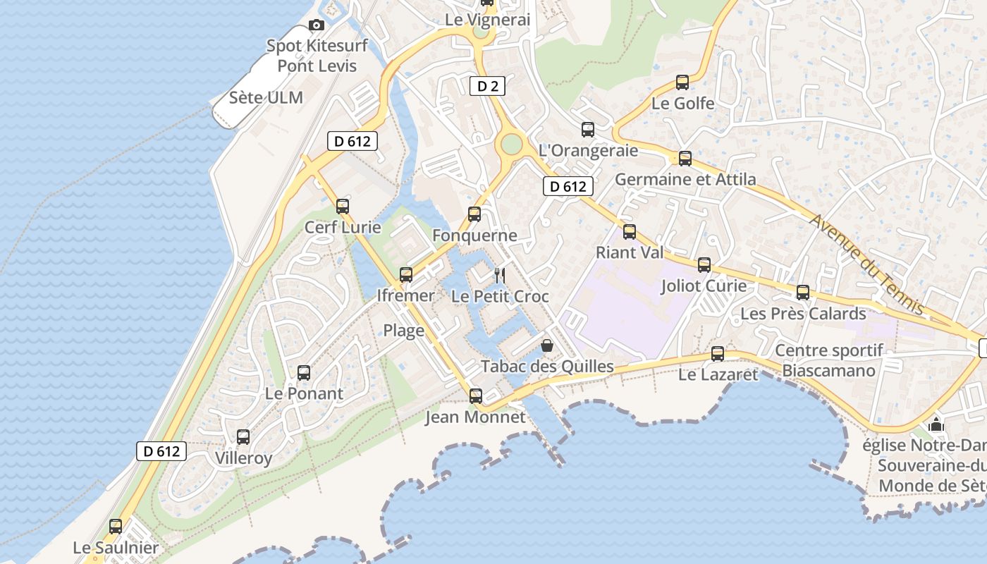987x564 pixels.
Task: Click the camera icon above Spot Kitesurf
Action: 317,25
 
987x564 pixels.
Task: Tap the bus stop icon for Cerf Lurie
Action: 343,207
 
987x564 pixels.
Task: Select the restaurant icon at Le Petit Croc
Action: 499,275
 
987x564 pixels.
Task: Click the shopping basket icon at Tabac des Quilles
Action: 547,345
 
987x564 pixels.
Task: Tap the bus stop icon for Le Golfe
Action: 682,82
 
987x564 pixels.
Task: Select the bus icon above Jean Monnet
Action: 476,396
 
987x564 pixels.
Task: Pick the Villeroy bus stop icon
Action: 243,437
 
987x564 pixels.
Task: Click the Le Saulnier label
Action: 116,548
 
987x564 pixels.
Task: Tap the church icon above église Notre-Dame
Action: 936,424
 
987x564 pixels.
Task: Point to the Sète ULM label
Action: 266,98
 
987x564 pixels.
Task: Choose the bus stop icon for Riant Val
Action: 630,231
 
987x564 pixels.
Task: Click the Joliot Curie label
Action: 704,286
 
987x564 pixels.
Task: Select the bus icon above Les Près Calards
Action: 803,293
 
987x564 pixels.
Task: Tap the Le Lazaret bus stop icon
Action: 718,353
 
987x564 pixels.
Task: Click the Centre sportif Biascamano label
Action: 829,360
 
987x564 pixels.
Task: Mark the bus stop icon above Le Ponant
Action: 304,373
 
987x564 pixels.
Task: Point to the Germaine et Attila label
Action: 685,179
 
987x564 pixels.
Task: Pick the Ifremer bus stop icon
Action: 406,275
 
